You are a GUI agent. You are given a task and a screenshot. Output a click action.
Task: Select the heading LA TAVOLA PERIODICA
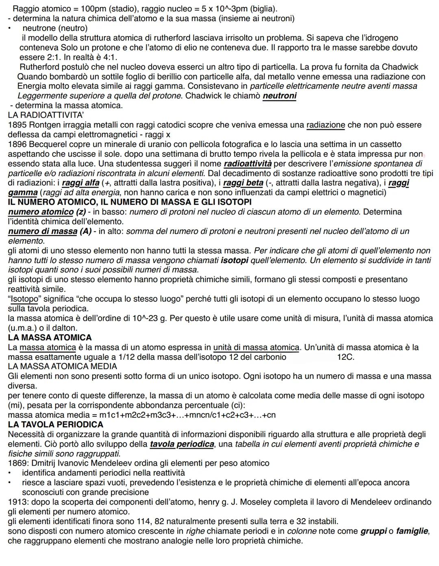(56, 424)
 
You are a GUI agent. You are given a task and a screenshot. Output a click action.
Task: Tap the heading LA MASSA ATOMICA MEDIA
(62, 366)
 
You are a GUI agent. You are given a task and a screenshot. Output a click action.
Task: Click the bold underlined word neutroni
(280, 96)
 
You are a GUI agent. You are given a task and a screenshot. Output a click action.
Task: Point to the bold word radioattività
(248, 164)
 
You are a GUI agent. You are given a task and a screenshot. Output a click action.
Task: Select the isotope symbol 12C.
(346, 357)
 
